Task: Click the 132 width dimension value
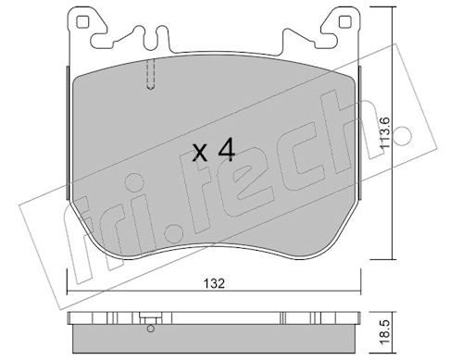[214, 283]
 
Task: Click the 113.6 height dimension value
[385, 134]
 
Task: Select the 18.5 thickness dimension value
[385, 333]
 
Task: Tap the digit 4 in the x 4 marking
[226, 150]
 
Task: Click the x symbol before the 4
[200, 154]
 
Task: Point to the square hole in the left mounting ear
[81, 22]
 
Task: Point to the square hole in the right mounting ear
[344, 22]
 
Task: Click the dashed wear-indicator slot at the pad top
[150, 74]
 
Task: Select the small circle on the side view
[151, 329]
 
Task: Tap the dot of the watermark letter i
[133, 184]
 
